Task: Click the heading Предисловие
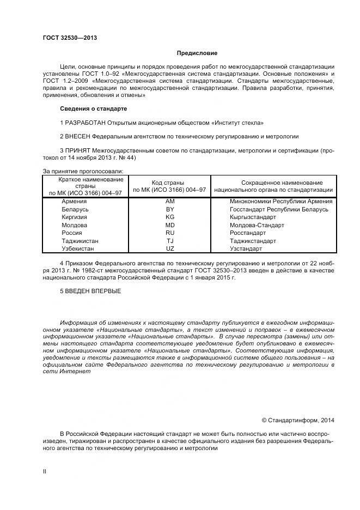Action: [197, 53]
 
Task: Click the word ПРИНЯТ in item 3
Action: [78, 150]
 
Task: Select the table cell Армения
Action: [75, 201]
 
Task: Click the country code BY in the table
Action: [170, 209]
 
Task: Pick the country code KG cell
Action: [170, 217]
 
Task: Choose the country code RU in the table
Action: [170, 233]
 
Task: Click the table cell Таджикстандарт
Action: [253, 241]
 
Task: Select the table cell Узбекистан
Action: [78, 248]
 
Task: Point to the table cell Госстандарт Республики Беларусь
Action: [279, 209]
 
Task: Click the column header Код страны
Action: [170, 183]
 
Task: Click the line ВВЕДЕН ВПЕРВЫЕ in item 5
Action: [90, 291]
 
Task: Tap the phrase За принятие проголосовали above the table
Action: [83, 171]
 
